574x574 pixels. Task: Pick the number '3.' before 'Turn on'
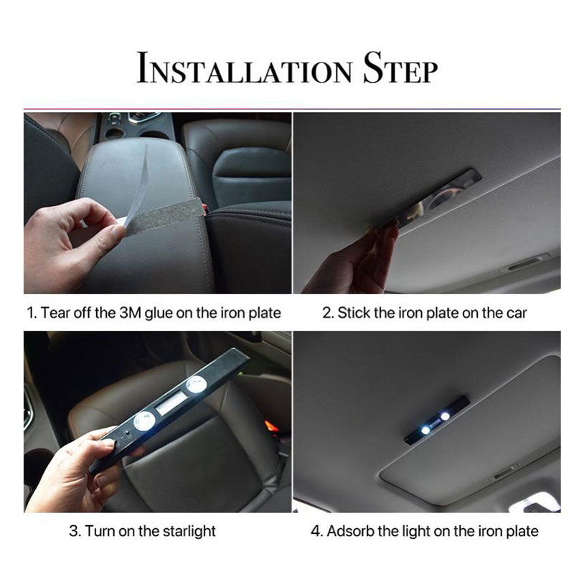(x=74, y=531)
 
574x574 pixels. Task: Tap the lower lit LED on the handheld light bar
(x=144, y=420)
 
